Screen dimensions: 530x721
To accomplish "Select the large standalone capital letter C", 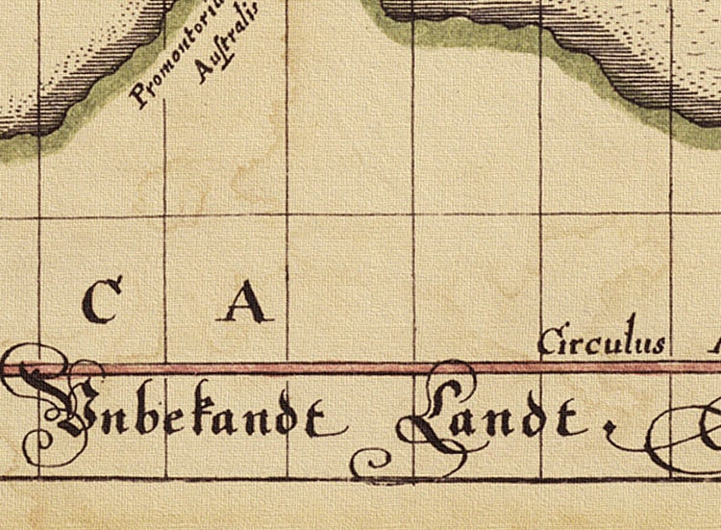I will point(103,300).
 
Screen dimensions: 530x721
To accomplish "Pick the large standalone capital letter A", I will point(246,302).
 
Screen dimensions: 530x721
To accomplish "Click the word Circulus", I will point(602,341).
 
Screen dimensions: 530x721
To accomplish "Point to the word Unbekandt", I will point(183,414).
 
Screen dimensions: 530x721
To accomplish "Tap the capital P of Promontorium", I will point(140,95).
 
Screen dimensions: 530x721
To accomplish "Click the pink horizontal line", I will point(288,367).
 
